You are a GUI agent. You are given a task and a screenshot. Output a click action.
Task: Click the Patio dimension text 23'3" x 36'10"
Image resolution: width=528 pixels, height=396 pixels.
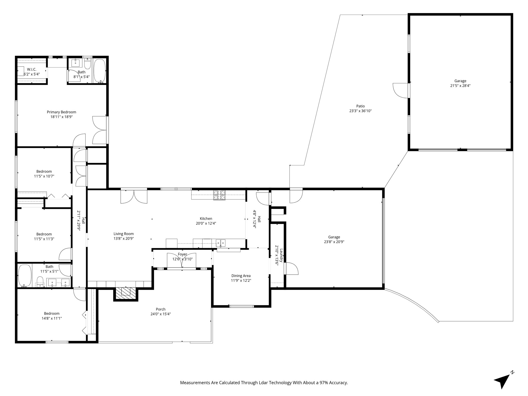[360, 111]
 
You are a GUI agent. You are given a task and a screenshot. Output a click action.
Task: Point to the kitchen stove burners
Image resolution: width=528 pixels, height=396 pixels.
[219, 195]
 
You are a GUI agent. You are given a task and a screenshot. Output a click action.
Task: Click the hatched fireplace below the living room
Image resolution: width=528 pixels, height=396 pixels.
[126, 293]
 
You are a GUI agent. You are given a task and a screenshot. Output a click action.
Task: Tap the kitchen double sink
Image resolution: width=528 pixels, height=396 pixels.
[221, 243]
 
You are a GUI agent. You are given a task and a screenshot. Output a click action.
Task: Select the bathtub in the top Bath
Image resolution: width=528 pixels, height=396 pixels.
[100, 71]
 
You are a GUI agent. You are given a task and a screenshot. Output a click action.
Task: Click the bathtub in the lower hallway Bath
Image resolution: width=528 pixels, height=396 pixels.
[25, 276]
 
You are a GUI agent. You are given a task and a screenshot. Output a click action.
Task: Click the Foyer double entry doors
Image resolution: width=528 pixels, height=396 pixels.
[182, 261]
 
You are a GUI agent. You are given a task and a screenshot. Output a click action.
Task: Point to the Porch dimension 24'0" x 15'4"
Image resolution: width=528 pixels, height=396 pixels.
[161, 314]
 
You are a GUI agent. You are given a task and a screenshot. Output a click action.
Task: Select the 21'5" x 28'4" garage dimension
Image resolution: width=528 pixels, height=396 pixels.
[460, 86]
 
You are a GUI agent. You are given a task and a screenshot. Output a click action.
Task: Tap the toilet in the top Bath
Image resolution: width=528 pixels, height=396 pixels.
[88, 63]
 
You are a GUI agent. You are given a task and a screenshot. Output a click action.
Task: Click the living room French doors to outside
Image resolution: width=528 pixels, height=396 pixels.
[134, 196]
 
